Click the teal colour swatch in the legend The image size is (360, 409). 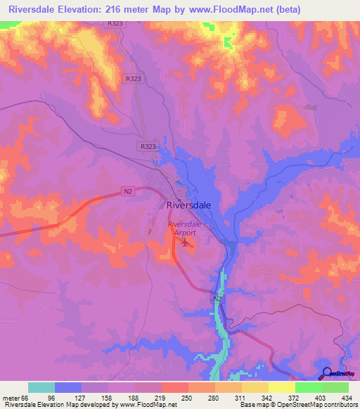tap(41, 387)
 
